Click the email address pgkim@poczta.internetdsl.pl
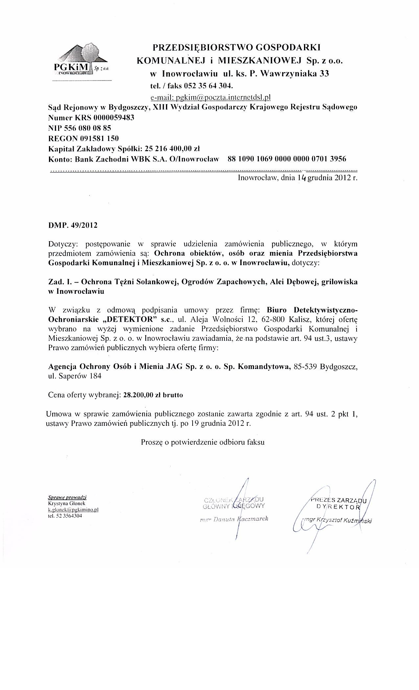[x=210, y=97]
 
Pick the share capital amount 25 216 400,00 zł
[x=170, y=148]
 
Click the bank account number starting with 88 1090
[x=287, y=159]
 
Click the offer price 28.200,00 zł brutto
[x=153, y=395]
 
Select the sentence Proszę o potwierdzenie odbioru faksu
[x=203, y=442]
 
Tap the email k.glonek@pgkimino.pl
[x=73, y=510]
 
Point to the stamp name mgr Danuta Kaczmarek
[x=234, y=519]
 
